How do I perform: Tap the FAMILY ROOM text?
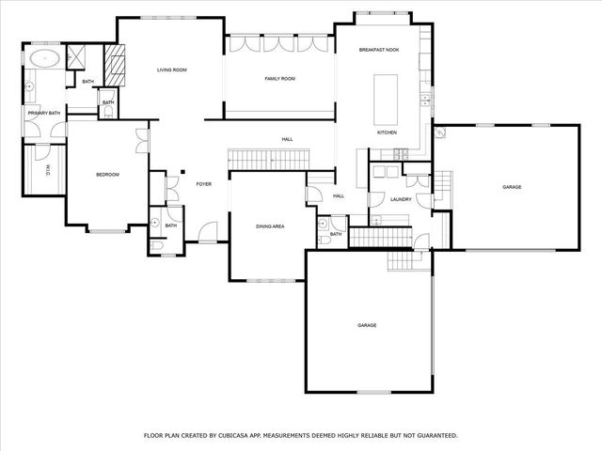click(x=279, y=79)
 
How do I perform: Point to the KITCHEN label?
click(x=388, y=132)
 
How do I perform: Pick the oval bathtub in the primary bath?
click(x=44, y=59)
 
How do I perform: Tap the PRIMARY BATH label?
click(x=44, y=114)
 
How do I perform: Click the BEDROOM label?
click(x=106, y=175)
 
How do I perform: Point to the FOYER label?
click(x=203, y=184)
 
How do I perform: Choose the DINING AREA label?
click(x=270, y=226)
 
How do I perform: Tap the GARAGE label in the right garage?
click(x=512, y=187)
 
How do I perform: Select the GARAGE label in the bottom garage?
click(x=367, y=325)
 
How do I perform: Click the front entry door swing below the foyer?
click(x=207, y=231)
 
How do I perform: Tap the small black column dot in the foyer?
click(x=183, y=172)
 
